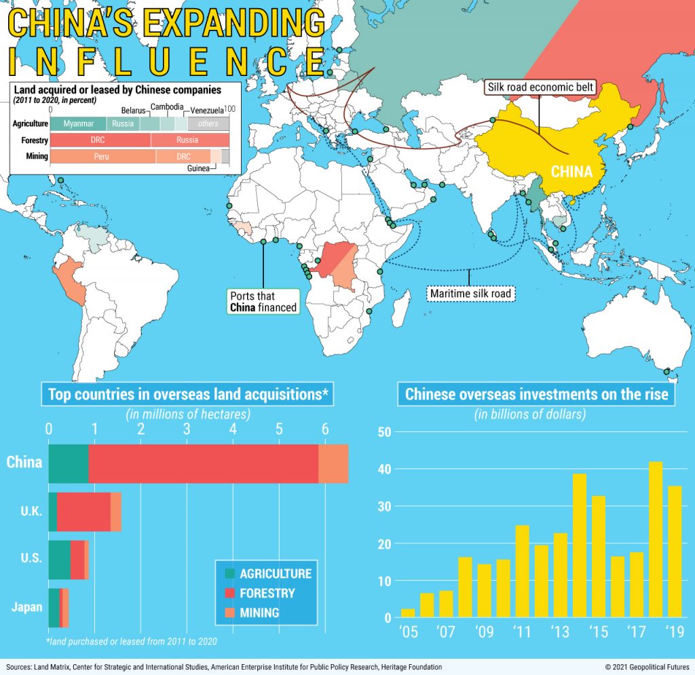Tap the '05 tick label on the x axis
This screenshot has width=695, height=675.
[408, 633]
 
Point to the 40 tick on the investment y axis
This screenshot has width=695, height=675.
[384, 469]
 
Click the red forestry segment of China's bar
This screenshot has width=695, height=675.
[204, 463]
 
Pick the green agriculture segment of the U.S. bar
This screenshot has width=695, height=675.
[59, 560]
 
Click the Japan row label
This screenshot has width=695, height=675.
[26, 607]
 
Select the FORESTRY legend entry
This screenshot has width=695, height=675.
[267, 593]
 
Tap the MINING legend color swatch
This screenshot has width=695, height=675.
[227, 613]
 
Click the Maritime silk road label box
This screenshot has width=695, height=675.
[470, 294]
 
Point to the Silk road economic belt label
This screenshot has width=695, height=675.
[540, 88]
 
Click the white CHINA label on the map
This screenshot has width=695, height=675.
[571, 172]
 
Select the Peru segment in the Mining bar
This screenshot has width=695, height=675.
[102, 156]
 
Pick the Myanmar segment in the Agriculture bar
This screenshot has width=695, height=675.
[78, 124]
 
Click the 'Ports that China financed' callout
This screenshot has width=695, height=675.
[263, 302]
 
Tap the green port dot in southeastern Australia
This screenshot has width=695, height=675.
[666, 371]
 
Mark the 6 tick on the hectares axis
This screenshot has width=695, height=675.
[325, 429]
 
